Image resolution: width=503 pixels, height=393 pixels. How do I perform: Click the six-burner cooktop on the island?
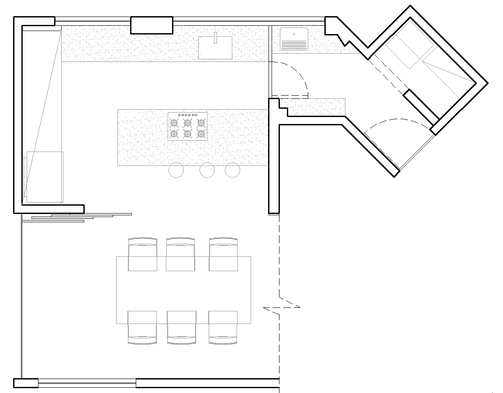point(187,127)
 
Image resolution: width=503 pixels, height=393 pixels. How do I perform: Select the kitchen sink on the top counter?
point(215,47)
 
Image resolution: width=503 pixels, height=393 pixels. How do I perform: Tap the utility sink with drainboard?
point(294,39)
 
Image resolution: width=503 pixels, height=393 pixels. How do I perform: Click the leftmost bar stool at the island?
point(176,170)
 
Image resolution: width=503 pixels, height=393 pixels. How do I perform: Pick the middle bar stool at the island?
point(207,170)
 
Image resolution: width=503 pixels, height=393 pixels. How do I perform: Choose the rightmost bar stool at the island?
point(232,170)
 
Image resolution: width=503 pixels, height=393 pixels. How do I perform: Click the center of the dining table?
point(183,290)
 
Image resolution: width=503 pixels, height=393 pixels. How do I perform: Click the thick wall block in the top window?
point(152,25)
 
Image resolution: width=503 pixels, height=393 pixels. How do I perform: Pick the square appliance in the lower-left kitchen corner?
point(45,177)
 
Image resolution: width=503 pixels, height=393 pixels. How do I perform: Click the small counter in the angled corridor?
point(315,107)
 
